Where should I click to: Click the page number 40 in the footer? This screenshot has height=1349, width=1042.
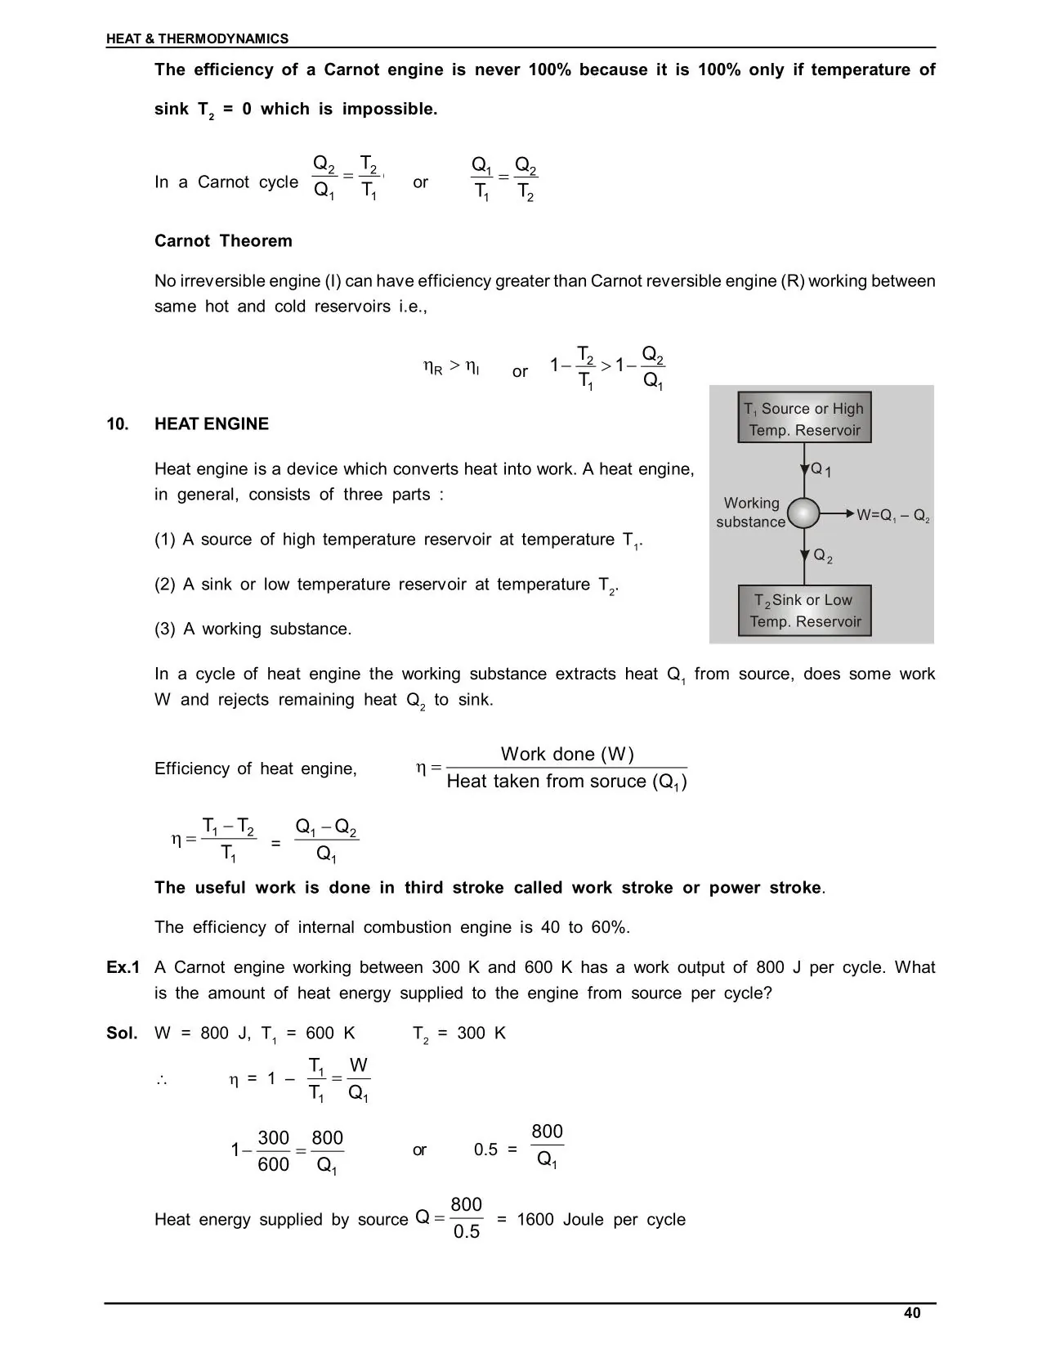pyautogui.click(x=912, y=1313)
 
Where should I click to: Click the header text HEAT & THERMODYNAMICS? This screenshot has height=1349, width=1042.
pyautogui.click(x=197, y=38)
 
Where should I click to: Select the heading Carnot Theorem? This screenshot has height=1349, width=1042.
pyautogui.click(x=223, y=241)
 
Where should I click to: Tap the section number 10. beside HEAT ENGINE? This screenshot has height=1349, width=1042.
pyautogui.click(x=118, y=424)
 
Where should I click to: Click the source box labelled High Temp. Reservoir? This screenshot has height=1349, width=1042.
pyautogui.click(x=804, y=419)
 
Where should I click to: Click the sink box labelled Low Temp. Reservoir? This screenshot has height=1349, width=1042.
pyautogui.click(x=804, y=611)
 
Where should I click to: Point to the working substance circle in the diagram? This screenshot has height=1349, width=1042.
pyautogui.click(x=804, y=513)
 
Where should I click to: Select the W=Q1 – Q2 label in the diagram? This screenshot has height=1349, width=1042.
pyautogui.click(x=892, y=516)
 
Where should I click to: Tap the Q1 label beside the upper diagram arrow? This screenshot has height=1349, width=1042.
pyautogui.click(x=821, y=470)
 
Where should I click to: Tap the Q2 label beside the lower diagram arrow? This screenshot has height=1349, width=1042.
pyautogui.click(x=822, y=557)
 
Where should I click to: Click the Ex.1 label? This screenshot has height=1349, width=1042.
pyautogui.click(x=123, y=968)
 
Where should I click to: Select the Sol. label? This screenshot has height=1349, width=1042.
pyautogui.click(x=122, y=1033)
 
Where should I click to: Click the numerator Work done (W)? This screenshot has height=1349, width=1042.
pyautogui.click(x=567, y=754)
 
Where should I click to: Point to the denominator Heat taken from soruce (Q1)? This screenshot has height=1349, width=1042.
pyautogui.click(x=566, y=782)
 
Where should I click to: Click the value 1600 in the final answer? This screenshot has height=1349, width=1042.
pyautogui.click(x=535, y=1220)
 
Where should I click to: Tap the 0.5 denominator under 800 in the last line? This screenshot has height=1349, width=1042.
pyautogui.click(x=467, y=1232)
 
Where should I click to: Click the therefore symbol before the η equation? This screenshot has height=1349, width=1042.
pyautogui.click(x=162, y=1080)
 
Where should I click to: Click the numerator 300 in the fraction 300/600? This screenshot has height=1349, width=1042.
pyautogui.click(x=274, y=1138)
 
